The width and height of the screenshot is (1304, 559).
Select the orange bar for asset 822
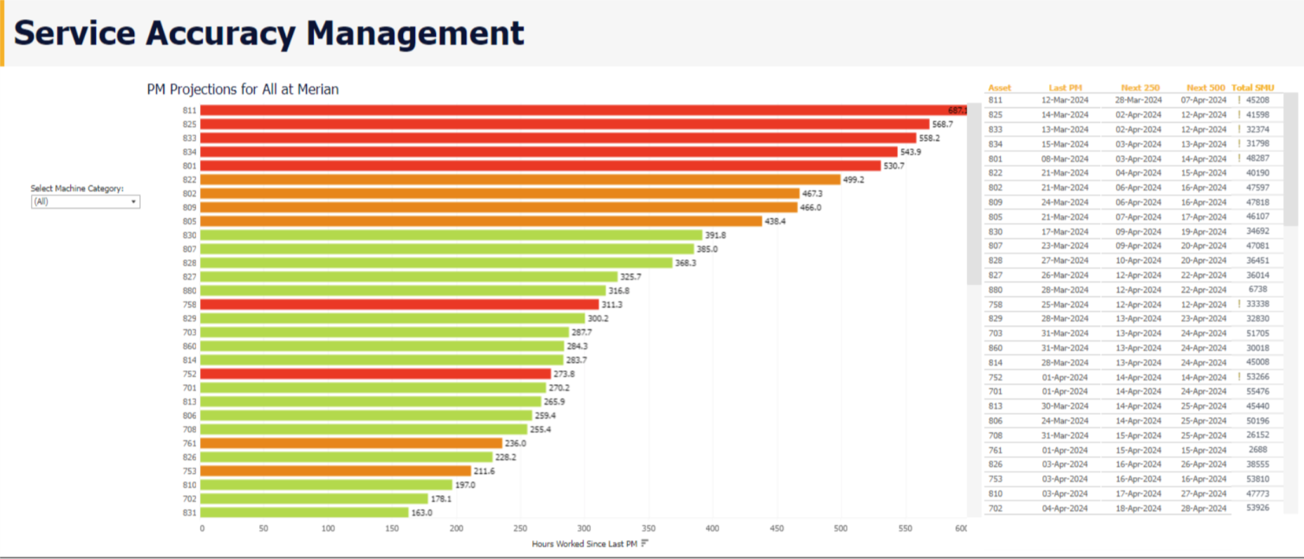coord(520,180)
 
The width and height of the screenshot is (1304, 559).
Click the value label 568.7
coord(942,124)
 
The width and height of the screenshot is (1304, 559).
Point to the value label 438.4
coord(775,221)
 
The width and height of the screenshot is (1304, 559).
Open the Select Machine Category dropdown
coord(85,202)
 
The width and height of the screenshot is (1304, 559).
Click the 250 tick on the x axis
coord(520,528)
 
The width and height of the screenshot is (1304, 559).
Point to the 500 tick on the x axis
coord(841,528)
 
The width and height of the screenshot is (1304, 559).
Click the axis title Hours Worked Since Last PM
coord(584,544)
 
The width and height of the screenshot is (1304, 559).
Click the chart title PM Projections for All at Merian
coord(242,89)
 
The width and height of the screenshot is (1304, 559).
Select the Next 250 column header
coord(1140,88)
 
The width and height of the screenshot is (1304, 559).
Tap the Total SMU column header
coord(1252,88)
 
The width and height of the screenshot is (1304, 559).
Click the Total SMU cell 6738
coord(1258,289)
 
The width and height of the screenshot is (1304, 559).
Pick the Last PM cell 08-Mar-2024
coord(1065,159)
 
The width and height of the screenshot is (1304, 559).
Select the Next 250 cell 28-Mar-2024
coord(1138,100)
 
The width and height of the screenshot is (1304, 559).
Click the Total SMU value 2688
coord(1258,449)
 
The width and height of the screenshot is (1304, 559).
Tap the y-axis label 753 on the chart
coord(190,471)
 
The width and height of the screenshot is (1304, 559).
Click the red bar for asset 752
coord(375,374)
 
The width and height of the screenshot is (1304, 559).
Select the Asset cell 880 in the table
coord(995,290)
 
